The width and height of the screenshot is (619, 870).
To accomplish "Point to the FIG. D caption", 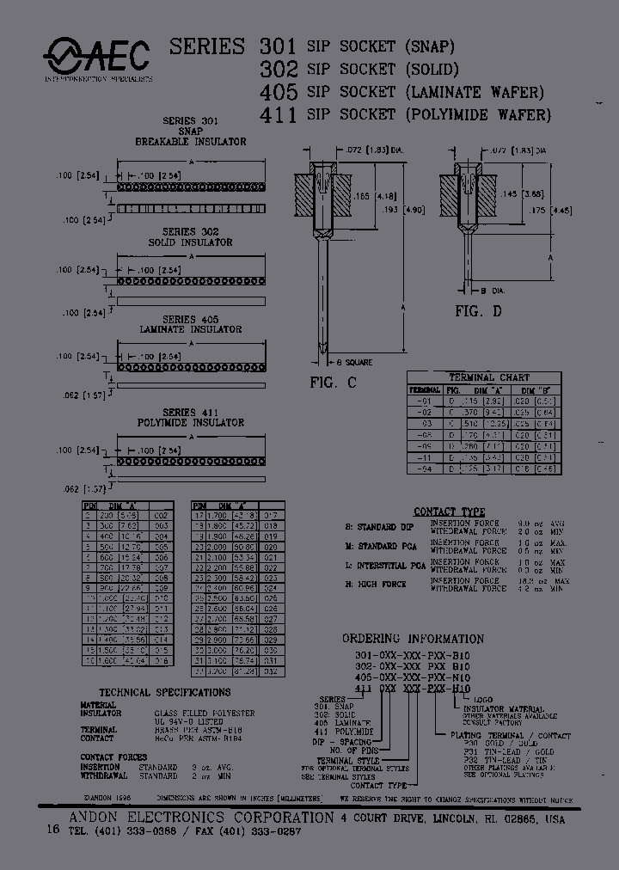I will click(479, 311).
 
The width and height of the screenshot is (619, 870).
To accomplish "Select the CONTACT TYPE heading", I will click(449, 512).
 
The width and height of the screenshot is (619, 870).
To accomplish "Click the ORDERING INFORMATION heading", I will click(413, 639).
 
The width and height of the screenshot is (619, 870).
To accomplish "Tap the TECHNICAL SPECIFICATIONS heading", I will click(165, 692).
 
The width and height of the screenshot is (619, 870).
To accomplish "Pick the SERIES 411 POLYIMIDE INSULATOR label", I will click(191, 417).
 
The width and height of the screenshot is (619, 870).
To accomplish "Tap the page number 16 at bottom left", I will click(51, 831).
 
